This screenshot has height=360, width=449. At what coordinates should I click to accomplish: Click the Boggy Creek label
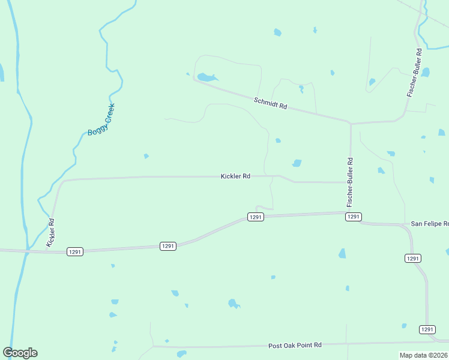(101, 119)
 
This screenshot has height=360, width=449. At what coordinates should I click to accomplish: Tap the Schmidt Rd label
(270, 103)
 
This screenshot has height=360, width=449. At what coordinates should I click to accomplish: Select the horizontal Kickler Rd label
(235, 176)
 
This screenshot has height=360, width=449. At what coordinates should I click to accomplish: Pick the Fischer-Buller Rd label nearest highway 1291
(350, 182)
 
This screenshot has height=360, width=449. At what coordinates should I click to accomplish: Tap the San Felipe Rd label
(429, 224)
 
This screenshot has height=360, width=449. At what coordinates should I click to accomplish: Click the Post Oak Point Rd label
(295, 345)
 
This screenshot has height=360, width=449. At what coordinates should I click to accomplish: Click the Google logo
(20, 353)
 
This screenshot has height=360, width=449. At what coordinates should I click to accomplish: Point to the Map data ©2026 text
(423, 355)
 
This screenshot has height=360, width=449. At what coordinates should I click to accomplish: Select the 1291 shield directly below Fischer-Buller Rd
(353, 217)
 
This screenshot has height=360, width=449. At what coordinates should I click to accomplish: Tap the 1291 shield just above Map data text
(427, 329)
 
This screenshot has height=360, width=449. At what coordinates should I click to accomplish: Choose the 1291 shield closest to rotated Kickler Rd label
(75, 251)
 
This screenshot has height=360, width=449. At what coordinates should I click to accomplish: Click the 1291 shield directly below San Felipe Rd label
(412, 258)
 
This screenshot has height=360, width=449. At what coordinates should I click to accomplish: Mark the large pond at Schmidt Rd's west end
(206, 77)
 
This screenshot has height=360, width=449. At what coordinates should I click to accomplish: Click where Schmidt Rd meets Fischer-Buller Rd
(350, 123)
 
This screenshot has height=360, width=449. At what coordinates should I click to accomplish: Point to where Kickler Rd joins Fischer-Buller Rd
(350, 182)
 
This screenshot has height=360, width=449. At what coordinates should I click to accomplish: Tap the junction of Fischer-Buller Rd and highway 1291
(349, 212)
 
